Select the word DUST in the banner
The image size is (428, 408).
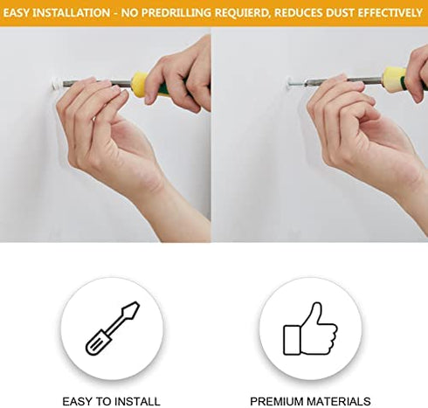[341, 13]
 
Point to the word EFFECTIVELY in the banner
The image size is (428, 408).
[390, 13]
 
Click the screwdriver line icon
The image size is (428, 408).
[113, 328]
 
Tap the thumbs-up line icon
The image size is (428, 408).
[310, 328]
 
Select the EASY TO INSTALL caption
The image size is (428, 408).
[111, 401]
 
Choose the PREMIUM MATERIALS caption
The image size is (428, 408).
[310, 401]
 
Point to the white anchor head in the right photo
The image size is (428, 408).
[290, 82]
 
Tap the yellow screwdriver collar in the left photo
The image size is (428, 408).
[140, 84]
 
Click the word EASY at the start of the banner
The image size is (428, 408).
[17, 13]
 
